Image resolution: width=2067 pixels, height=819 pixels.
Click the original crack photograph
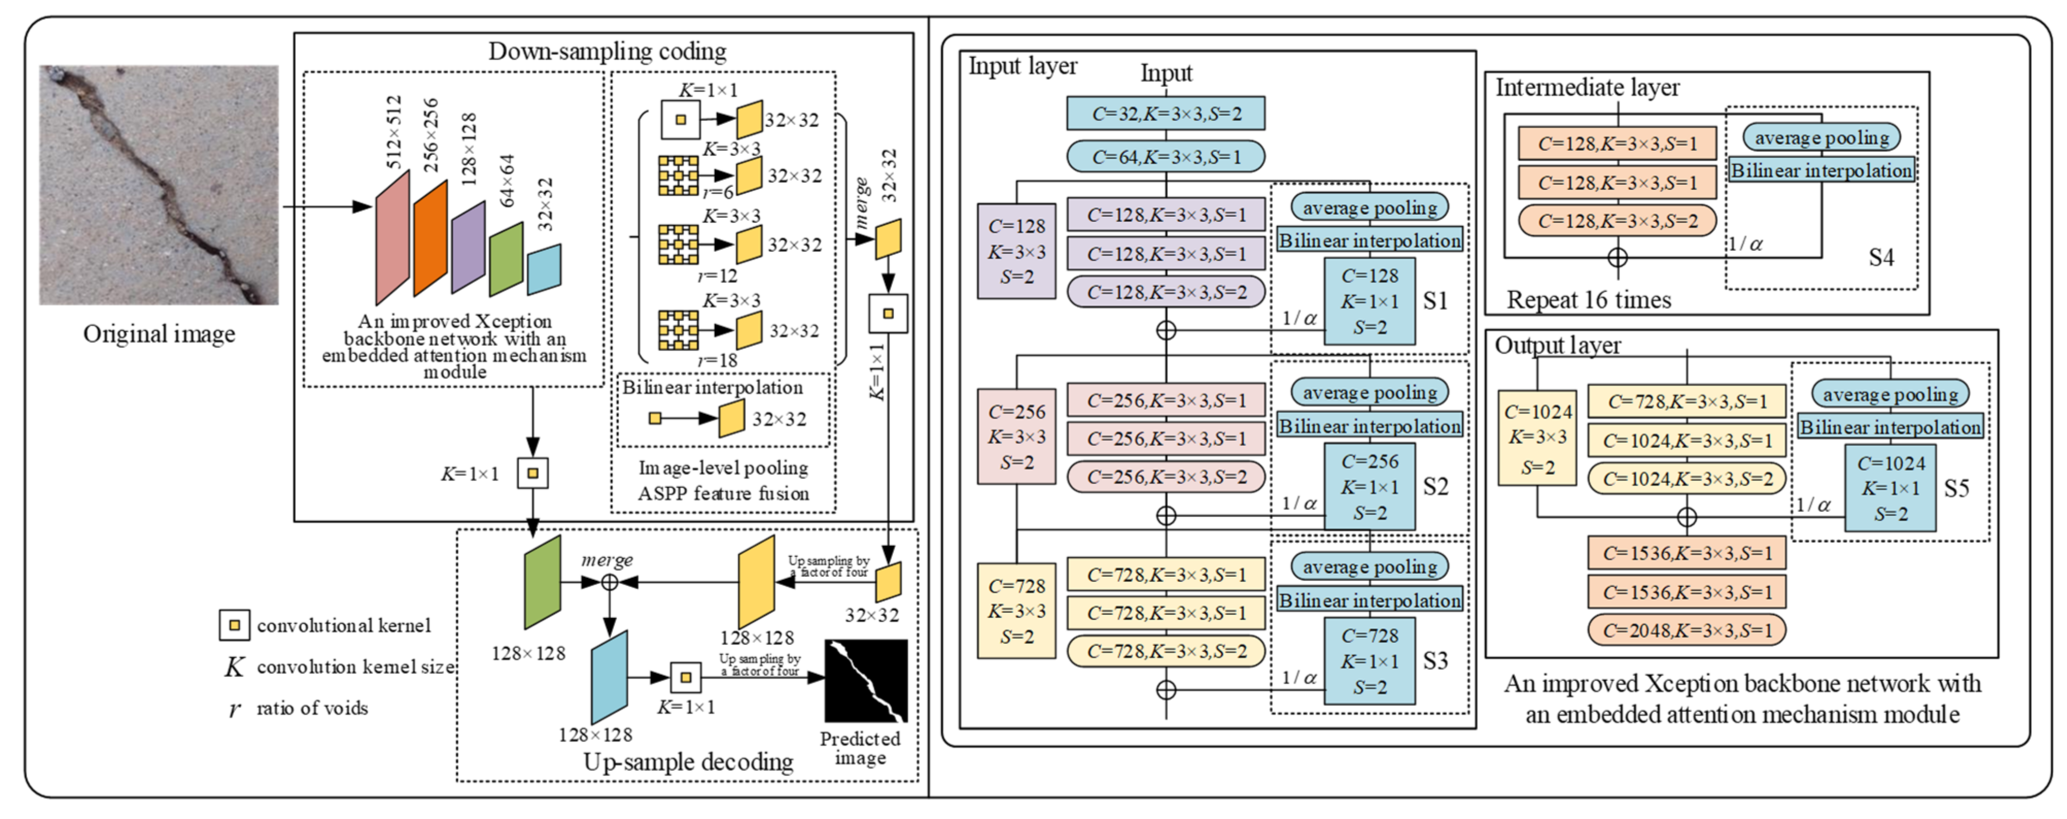[x=159, y=185]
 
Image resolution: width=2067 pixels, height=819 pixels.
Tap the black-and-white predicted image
[x=866, y=681]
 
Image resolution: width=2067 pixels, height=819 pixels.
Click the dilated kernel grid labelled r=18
[x=678, y=330]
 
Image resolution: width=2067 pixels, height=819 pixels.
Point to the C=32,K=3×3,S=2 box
[x=1165, y=114]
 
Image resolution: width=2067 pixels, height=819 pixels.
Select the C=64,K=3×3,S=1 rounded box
[x=1165, y=157]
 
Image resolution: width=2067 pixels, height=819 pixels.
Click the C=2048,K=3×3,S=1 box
[x=1686, y=630]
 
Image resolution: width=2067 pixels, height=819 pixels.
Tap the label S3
[x=1435, y=661]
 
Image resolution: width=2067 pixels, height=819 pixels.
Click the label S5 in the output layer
[x=1956, y=488]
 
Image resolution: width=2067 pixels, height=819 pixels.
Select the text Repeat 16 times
[x=1588, y=300]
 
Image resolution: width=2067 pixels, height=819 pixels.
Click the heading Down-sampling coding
[x=607, y=52]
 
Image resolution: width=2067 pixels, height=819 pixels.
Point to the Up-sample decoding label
[x=688, y=761]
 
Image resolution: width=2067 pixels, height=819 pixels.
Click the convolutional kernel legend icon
[x=234, y=625]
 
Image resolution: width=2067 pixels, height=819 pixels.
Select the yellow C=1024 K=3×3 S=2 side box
[x=1537, y=438]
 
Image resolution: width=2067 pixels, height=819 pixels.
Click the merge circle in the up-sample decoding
[x=610, y=582]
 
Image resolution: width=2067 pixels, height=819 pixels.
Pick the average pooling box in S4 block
[x=1821, y=138]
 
